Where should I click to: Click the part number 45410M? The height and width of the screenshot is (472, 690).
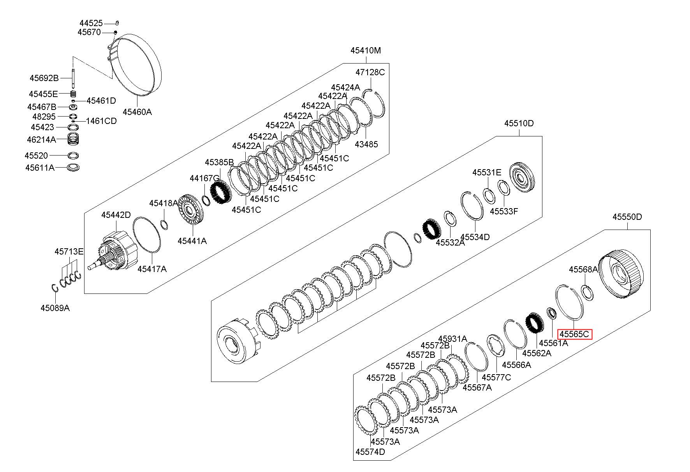pyautogui.click(x=366, y=50)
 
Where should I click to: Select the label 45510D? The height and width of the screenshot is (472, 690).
pyautogui.click(x=519, y=124)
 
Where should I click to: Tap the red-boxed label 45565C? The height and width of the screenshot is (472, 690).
pyautogui.click(x=574, y=334)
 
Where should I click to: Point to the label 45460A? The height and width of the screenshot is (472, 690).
pyautogui.click(x=137, y=112)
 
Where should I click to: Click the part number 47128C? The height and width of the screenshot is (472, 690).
pyautogui.click(x=370, y=72)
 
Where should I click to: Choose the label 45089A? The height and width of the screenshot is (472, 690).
pyautogui.click(x=55, y=308)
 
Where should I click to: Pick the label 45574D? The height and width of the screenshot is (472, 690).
pyautogui.click(x=370, y=452)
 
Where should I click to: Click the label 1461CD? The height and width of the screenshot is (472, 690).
pyautogui.click(x=101, y=121)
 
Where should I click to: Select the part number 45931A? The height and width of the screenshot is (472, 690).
pyautogui.click(x=452, y=339)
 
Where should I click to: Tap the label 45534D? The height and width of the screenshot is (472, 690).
pyautogui.click(x=475, y=237)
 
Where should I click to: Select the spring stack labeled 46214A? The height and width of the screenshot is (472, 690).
pyautogui.click(x=74, y=139)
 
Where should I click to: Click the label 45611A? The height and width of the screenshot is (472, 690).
pyautogui.click(x=40, y=168)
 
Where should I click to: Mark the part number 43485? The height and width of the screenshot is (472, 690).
pyautogui.click(x=366, y=144)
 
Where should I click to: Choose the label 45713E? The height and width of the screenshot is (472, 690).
pyautogui.click(x=69, y=252)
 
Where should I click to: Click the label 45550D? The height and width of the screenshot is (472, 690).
pyautogui.click(x=627, y=217)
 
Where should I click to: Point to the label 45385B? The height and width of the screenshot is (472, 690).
pyautogui.click(x=219, y=162)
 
